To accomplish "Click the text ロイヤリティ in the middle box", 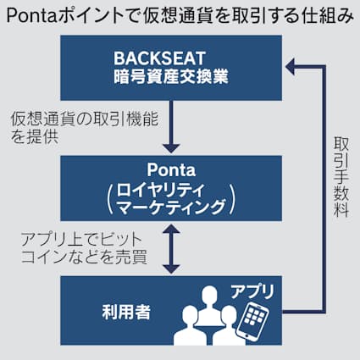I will coord(164,187).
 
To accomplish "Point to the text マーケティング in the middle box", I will coord(164,208).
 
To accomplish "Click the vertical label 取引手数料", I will coord(340,178).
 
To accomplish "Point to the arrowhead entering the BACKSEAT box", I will coord(293,63).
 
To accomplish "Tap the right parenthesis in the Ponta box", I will coord(230,197).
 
